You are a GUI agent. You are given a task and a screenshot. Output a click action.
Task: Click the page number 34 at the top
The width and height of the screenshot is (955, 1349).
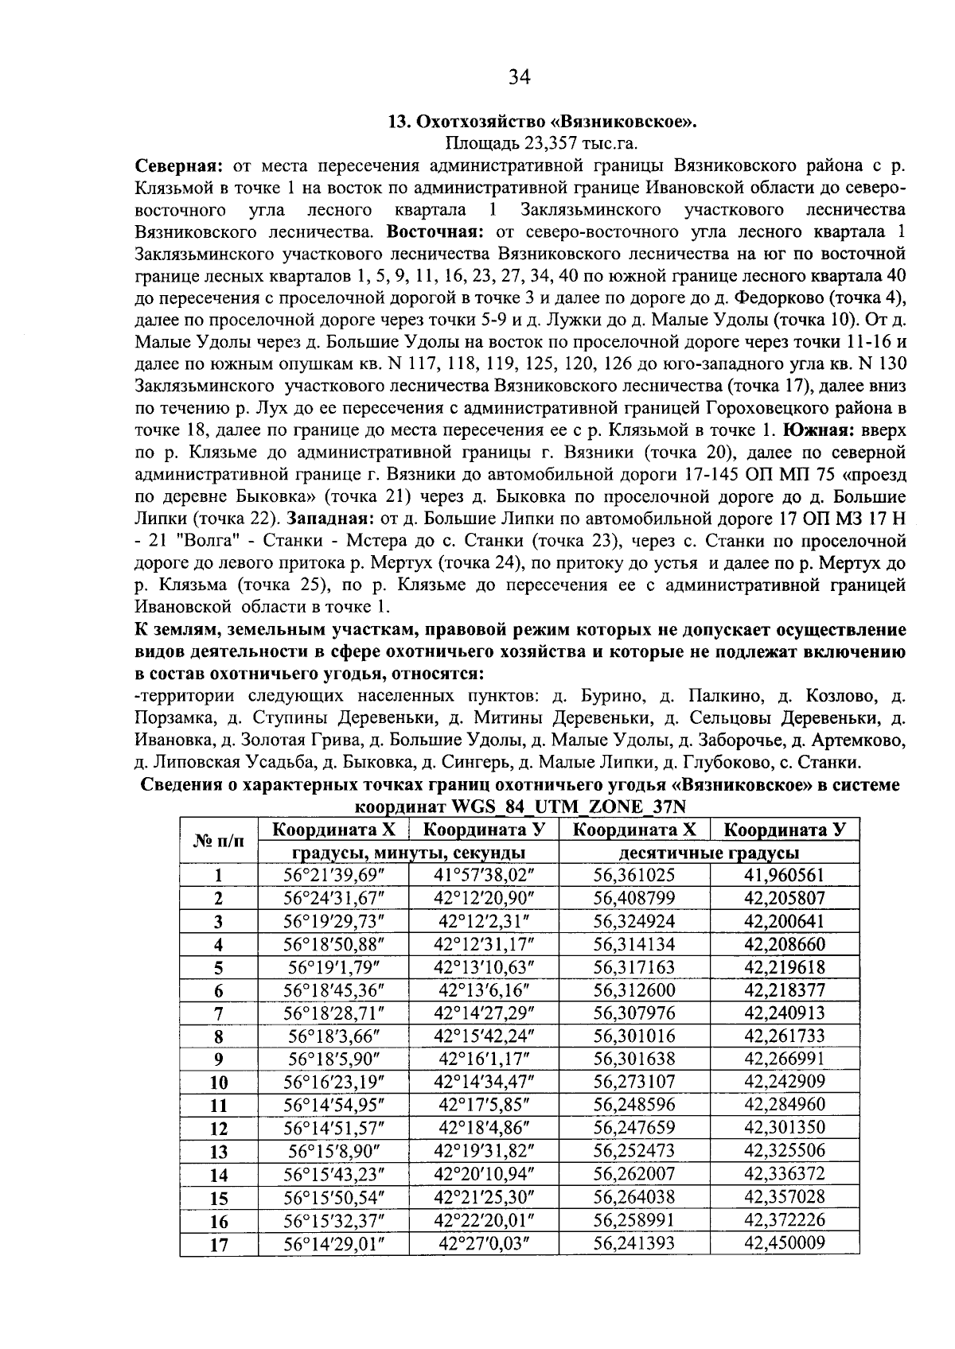[x=519, y=76]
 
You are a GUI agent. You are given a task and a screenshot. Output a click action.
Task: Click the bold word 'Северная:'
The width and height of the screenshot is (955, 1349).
[x=177, y=166]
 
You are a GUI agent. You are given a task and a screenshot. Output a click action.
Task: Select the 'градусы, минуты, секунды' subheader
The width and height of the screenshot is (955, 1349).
[x=408, y=853]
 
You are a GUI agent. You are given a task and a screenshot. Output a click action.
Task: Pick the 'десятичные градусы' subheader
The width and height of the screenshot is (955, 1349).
[x=709, y=853]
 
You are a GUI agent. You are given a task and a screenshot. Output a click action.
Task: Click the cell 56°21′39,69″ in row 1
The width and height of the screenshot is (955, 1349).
[x=333, y=876]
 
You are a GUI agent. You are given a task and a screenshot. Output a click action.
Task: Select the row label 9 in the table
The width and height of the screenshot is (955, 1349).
[x=218, y=1059]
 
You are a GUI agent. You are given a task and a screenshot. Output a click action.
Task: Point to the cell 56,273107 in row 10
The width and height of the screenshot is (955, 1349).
[x=634, y=1082]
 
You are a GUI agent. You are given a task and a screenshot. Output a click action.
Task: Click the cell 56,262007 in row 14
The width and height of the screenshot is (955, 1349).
[x=634, y=1174]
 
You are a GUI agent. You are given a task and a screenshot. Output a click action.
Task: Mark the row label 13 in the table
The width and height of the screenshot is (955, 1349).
[x=218, y=1152]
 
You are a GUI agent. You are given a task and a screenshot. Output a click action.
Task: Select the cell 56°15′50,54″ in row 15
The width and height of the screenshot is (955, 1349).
[x=333, y=1197]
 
